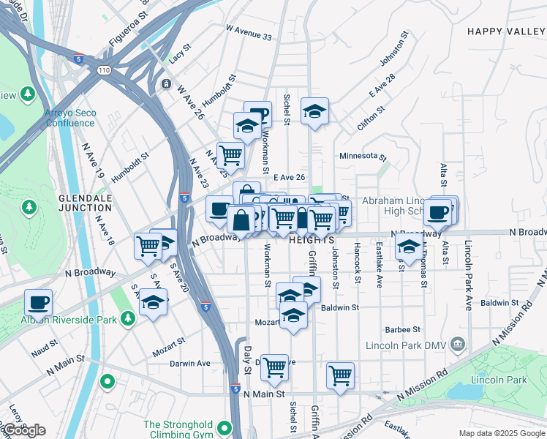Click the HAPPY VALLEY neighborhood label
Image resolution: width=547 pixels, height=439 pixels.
tap(506, 31)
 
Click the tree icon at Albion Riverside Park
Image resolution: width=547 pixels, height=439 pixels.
tap(129, 318)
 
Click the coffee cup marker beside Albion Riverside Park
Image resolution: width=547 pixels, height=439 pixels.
tap(38, 301)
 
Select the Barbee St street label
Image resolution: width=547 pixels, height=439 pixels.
tap(403, 330)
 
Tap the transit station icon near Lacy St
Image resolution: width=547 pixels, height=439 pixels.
tap(167, 83)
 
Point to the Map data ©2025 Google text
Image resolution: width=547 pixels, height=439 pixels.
tap(502, 433)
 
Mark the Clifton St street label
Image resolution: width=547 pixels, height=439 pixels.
tap(371, 119)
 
